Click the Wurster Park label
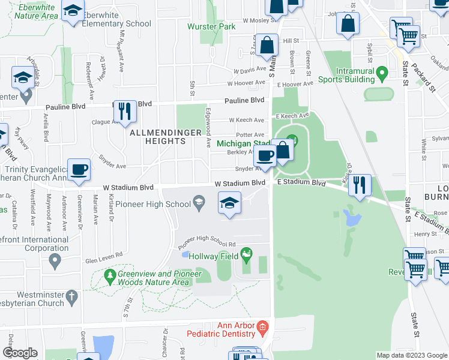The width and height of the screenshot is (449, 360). click(211, 27)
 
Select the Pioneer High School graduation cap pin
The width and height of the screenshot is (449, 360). click(229, 203)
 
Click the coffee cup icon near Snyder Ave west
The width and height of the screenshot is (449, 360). click(79, 170)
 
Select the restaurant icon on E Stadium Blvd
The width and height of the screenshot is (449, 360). click(360, 184)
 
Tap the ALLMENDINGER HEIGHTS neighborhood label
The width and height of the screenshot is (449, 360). click(157, 136)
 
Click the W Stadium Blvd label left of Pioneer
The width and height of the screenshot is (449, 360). click(128, 188)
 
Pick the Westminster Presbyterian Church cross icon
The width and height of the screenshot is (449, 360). click(71, 296)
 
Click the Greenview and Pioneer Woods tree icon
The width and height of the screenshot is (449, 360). click(110, 277)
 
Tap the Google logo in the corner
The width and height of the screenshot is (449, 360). click(19, 353)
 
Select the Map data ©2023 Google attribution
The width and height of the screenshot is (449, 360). click(412, 355)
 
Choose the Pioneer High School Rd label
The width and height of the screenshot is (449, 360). click(206, 244)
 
